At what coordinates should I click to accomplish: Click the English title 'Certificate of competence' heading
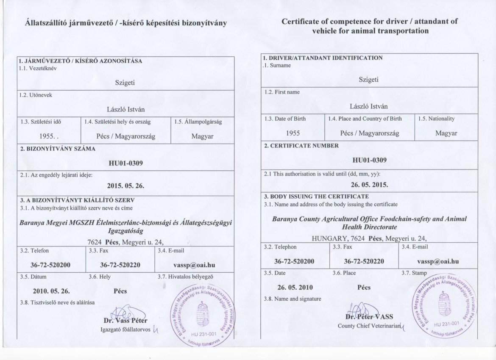pyautogui.click(x=369, y=26)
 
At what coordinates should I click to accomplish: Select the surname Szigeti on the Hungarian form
pyautogui.click(x=125, y=83)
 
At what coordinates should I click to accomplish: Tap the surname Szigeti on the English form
pyautogui.click(x=368, y=79)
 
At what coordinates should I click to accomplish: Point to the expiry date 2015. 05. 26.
pyautogui.click(x=125, y=186)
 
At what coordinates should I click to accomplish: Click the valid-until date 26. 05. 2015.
pyautogui.click(x=369, y=185)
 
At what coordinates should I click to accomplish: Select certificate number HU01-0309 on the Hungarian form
pyautogui.click(x=125, y=163)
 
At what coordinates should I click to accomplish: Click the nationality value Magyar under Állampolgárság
pyautogui.click(x=202, y=136)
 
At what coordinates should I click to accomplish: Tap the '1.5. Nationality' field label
pyautogui.click(x=436, y=119)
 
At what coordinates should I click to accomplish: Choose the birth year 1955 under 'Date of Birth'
pyautogui.click(x=293, y=133)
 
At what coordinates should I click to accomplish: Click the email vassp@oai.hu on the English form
pyautogui.click(x=437, y=261)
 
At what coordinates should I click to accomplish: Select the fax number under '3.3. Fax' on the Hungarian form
pyautogui.click(x=120, y=266)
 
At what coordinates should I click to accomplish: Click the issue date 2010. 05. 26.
pyautogui.click(x=51, y=291)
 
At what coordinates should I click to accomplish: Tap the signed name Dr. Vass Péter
pyautogui.click(x=125, y=320)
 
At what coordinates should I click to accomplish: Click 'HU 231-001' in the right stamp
pyautogui.click(x=447, y=324)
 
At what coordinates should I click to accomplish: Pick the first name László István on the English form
pyautogui.click(x=368, y=106)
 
